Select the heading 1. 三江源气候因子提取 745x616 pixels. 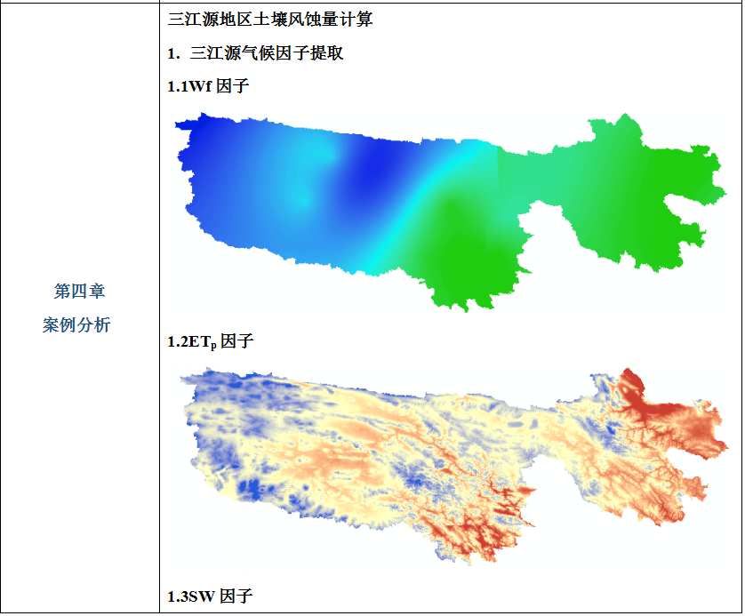click(x=256, y=53)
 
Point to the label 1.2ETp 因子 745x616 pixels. click(x=212, y=341)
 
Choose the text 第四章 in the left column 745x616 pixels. click(x=80, y=292)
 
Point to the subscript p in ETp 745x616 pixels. click(x=213, y=346)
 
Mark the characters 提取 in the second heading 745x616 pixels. click(x=326, y=53)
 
